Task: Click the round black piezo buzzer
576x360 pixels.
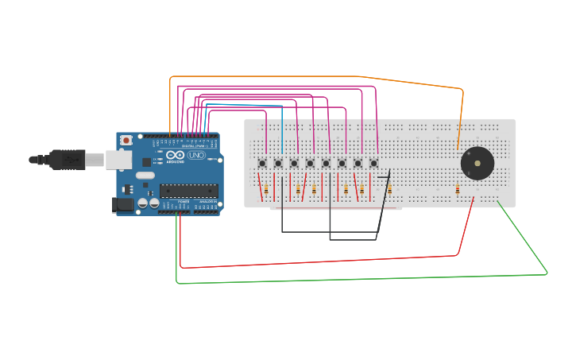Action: [x=477, y=165]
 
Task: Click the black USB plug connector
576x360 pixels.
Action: [x=67, y=160]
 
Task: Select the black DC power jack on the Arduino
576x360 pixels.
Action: [x=122, y=204]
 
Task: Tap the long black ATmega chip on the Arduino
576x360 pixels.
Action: [x=188, y=190]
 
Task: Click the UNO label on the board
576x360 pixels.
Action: [x=196, y=155]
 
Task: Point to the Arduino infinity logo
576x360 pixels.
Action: [x=175, y=155]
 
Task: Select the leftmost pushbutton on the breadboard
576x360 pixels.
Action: [x=262, y=164]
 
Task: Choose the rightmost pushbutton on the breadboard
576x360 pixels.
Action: [x=373, y=164]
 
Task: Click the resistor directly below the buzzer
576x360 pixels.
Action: [x=458, y=189]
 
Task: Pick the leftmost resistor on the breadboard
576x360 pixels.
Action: [x=266, y=189]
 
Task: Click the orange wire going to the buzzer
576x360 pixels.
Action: [x=318, y=77]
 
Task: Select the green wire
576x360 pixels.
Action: [x=358, y=279]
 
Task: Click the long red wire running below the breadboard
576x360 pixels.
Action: [x=318, y=261]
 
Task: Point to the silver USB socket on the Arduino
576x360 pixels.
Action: [x=118, y=160]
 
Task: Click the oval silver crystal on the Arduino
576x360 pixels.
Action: [x=145, y=175]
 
